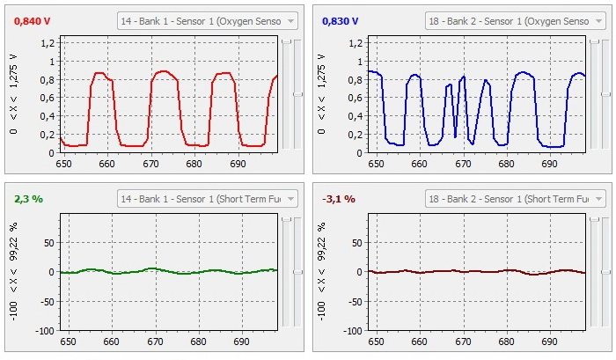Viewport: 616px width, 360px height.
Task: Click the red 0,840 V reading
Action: click(x=33, y=20)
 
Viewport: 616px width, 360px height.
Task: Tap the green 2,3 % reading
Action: click(x=28, y=199)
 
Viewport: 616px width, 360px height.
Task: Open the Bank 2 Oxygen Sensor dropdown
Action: click(x=515, y=21)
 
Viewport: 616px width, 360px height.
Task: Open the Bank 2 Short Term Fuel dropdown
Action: click(x=515, y=200)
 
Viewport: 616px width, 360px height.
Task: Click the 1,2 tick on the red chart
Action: click(x=48, y=43)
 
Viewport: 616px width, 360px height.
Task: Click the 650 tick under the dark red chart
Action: click(x=377, y=342)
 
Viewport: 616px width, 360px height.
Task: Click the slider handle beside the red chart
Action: click(x=297, y=93)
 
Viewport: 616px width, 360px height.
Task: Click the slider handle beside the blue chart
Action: click(x=605, y=93)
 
